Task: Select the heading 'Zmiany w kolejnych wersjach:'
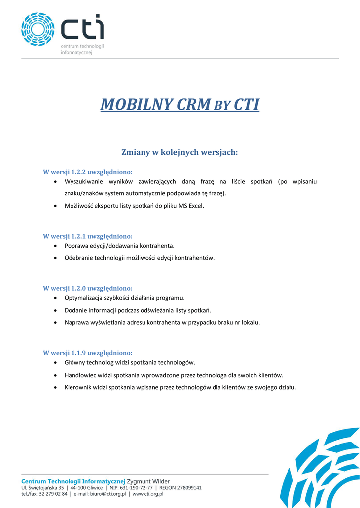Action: click(180, 152)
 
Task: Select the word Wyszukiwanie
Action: click(83, 182)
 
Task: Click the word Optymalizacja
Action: click(84, 298)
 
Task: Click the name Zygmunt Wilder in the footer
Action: click(148, 481)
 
